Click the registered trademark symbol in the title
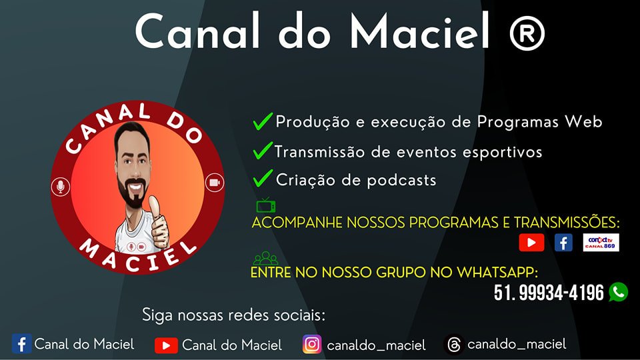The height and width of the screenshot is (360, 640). coord(527,33)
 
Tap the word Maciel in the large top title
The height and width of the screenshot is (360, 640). coord(420,31)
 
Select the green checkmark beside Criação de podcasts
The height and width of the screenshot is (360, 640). coord(263,178)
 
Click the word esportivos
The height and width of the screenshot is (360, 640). coord(502,153)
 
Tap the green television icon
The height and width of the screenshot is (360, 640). coord(266,205)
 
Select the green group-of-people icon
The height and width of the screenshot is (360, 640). coord(265,258)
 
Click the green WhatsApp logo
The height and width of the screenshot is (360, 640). coord(619,292)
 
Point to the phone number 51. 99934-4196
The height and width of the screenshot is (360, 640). coord(549,293)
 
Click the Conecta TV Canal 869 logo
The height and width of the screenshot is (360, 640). coord(601,243)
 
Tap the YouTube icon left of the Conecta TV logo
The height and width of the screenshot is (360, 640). coord(531,243)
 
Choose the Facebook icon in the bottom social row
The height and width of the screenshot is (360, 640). coord(21,344)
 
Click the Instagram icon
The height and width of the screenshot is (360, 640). coord(312,344)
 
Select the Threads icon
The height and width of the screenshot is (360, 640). coord(454,345)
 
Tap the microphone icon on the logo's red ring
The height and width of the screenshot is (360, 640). coord(61,187)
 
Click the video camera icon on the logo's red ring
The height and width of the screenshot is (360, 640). coord(214,183)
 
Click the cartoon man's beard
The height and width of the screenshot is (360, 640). coord(132,193)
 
